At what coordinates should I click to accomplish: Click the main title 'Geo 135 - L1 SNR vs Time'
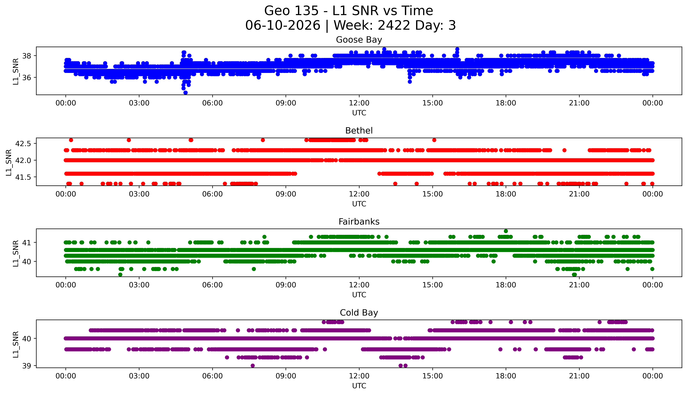(349, 11)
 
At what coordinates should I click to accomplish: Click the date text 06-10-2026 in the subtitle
(283, 25)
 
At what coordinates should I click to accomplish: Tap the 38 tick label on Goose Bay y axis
(27, 56)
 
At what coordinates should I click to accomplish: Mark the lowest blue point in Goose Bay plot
(185, 92)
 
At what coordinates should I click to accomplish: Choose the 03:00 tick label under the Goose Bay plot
(139, 103)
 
